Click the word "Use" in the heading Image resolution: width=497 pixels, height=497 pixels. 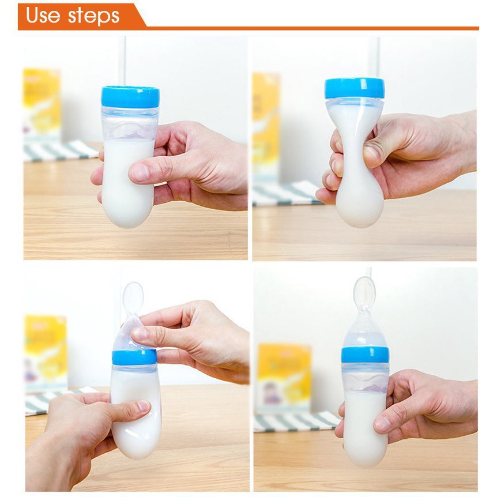(x=43, y=15)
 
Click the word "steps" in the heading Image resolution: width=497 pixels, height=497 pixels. (x=94, y=16)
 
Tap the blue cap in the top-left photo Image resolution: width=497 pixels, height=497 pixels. (x=130, y=97)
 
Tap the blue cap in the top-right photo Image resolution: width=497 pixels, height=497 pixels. (x=355, y=88)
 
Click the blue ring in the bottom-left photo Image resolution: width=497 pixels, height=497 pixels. (x=134, y=357)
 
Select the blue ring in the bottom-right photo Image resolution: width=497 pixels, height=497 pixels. (x=365, y=355)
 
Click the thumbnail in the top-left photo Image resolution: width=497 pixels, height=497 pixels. (x=140, y=172)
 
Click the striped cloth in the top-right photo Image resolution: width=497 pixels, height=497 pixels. (x=288, y=193)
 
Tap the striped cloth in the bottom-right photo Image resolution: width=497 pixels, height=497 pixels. (x=296, y=421)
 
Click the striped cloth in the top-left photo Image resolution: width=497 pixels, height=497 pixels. (x=60, y=151)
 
